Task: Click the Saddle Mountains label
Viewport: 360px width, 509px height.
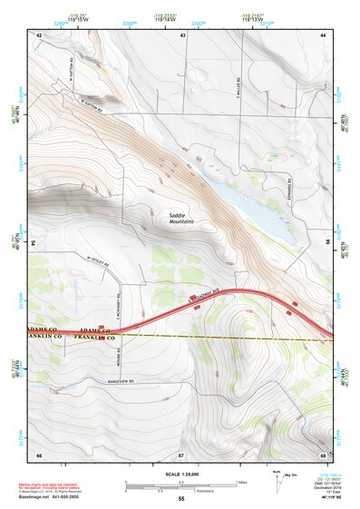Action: point(182,219)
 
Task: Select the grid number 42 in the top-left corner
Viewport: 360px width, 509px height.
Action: point(39,34)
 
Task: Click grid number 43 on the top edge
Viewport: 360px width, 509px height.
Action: point(182,34)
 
